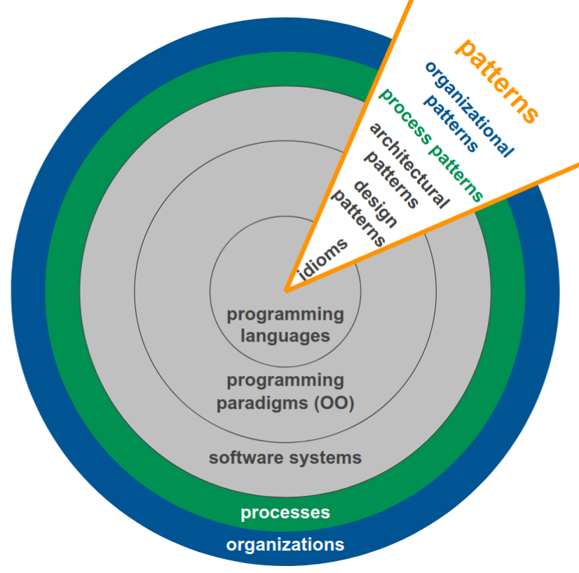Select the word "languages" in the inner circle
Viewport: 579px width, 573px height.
(x=285, y=335)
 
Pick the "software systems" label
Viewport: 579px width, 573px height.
(x=285, y=458)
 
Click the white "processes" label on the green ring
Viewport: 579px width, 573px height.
(x=285, y=513)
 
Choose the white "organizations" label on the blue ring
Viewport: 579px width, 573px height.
(x=285, y=544)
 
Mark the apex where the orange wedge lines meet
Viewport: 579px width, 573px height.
(x=285, y=290)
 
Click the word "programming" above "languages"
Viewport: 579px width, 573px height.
(x=285, y=314)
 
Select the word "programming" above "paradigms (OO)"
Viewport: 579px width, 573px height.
(x=285, y=380)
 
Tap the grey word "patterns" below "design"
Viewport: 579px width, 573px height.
(x=358, y=218)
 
